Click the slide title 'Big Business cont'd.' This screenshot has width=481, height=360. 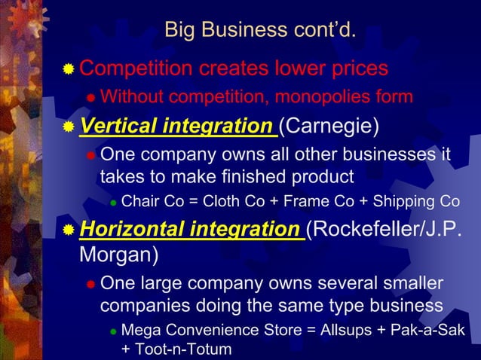259,31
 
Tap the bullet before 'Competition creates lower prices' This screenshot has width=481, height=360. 69,70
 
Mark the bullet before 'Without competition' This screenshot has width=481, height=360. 90,98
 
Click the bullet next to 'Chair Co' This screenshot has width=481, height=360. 112,203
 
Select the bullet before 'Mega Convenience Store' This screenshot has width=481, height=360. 112,333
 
